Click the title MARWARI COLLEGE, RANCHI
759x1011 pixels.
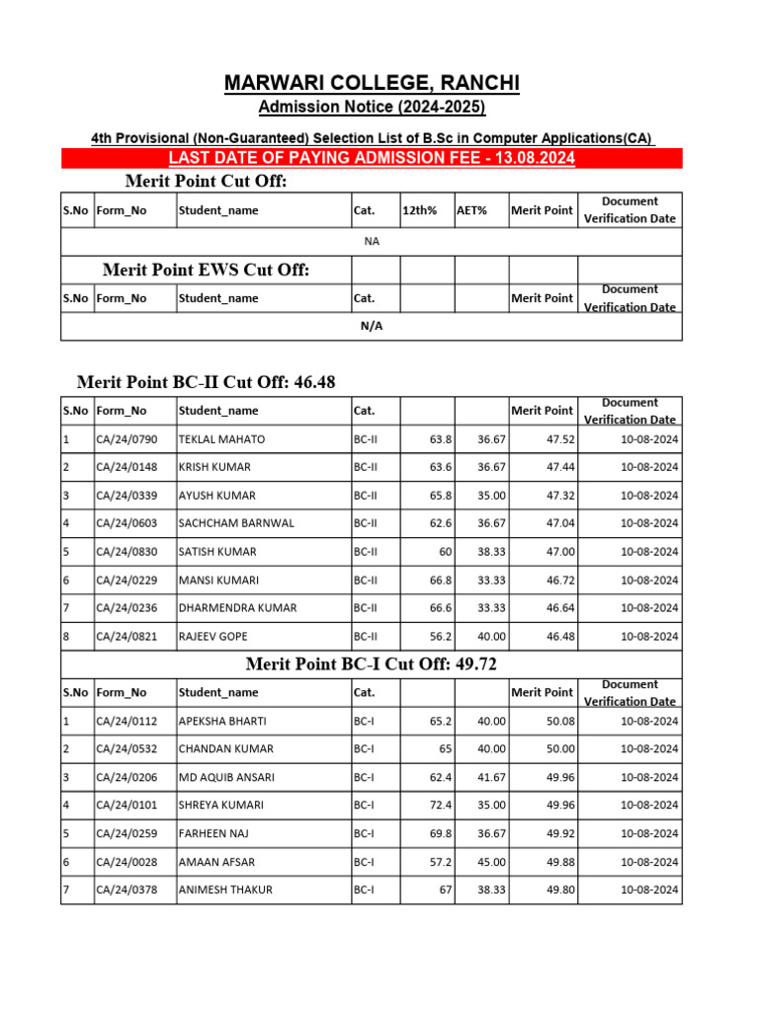372,84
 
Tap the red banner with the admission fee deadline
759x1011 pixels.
372,159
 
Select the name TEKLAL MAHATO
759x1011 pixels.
221,438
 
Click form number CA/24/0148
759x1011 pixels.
127,467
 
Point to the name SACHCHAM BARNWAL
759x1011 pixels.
236,523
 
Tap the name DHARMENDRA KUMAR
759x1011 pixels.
237,608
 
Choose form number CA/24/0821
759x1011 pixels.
127,637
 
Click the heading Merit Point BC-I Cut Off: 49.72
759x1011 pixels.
372,664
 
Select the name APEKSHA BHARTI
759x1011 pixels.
222,721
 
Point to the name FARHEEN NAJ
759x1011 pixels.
212,833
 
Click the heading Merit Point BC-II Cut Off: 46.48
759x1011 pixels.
212,382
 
